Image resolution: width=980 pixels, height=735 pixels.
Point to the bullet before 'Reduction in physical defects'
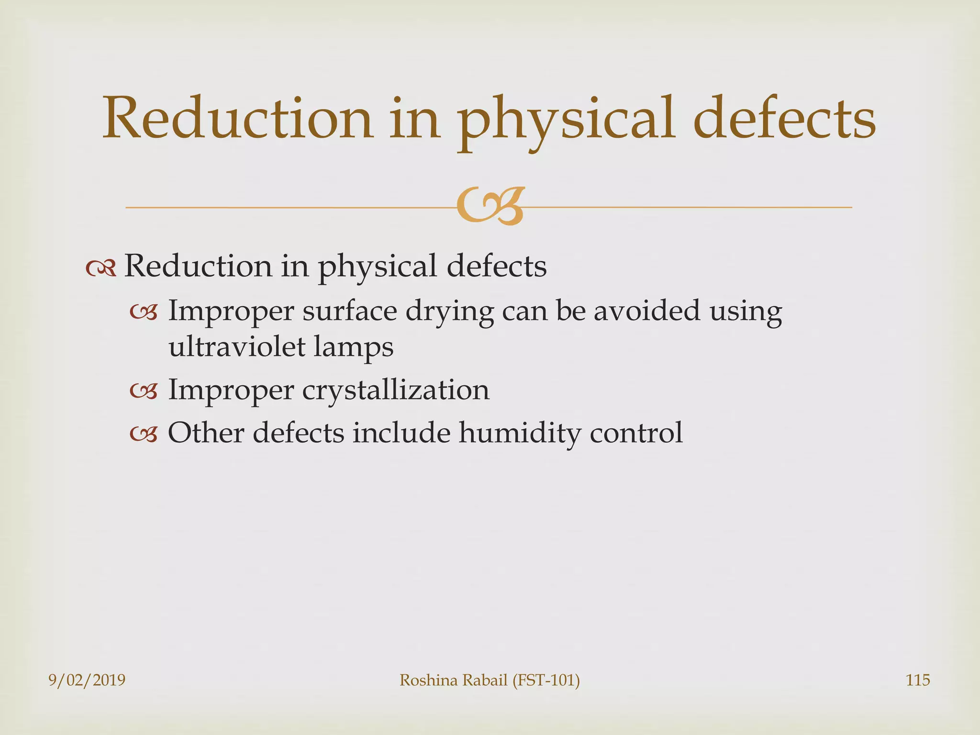pos(101,268)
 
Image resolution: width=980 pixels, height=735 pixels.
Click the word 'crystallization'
pos(396,390)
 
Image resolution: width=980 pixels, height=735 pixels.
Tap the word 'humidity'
pos(520,434)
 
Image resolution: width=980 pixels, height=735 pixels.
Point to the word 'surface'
pos(350,312)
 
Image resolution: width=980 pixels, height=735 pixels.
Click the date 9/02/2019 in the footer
pos(87,680)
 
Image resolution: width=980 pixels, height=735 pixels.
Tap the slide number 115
pos(918,680)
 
